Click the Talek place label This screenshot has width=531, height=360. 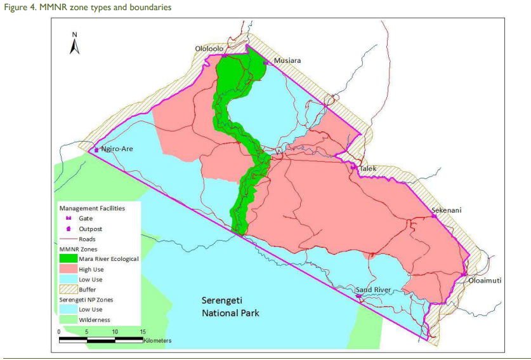coord(369,169)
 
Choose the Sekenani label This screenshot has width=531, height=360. coord(447,210)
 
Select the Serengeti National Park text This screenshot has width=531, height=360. coord(230,306)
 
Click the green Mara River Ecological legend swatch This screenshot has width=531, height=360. coord(67,258)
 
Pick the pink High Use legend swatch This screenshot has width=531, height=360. coord(67,269)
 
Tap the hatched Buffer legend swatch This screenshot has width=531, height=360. coord(67,290)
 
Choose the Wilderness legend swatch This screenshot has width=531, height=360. coord(67,320)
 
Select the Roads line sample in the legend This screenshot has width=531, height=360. coord(67,239)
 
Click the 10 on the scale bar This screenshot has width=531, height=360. coord(115,331)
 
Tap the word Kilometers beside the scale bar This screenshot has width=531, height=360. coord(157,341)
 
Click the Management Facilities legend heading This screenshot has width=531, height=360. coord(92,208)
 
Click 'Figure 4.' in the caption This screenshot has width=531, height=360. coord(17,7)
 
